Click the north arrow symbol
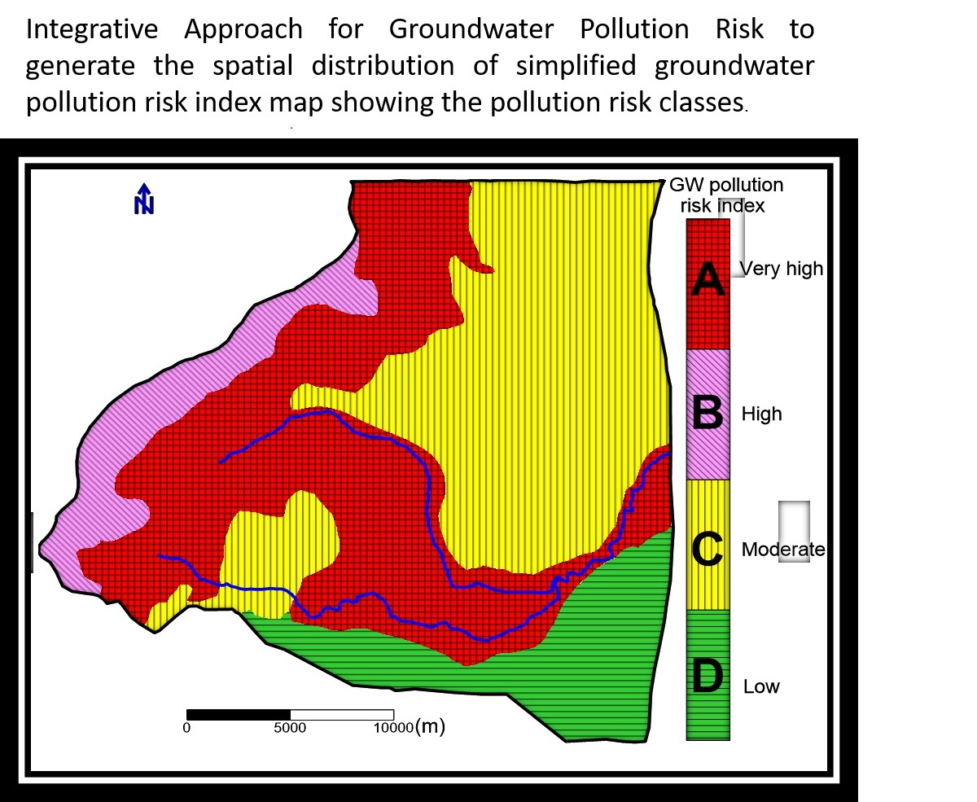[x=144, y=199]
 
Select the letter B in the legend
[x=708, y=411]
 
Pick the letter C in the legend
[x=708, y=546]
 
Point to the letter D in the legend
[x=708, y=677]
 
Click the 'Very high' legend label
[x=781, y=269]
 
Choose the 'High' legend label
[x=761, y=414]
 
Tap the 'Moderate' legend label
[x=782, y=550]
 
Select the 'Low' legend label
[x=761, y=686]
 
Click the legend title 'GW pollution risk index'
[x=725, y=195]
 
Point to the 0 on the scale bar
[x=187, y=728]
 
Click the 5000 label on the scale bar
[x=290, y=728]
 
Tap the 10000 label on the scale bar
[x=393, y=728]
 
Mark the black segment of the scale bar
[x=239, y=714]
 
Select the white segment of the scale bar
[x=342, y=714]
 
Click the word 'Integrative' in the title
[x=92, y=29]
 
